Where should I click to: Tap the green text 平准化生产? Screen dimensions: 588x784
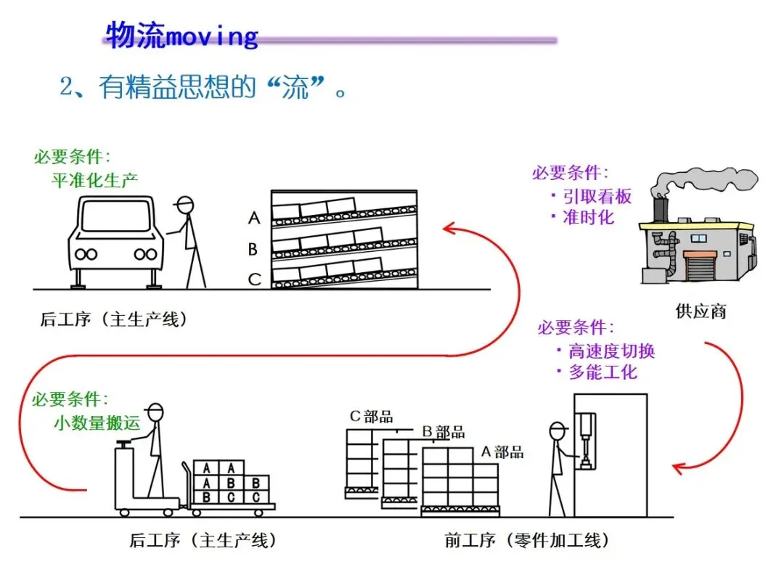(x=94, y=179)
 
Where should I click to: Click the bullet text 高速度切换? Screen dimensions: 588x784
(x=611, y=351)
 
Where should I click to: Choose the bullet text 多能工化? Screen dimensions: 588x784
(x=602, y=372)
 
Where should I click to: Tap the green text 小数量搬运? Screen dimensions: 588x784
(x=97, y=422)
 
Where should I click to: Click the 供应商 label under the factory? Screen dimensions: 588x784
(x=701, y=312)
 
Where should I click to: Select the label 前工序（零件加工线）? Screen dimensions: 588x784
(x=527, y=541)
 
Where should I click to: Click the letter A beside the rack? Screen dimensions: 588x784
(x=253, y=217)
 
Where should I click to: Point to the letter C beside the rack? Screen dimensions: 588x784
(x=253, y=279)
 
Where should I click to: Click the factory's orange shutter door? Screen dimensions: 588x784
(x=701, y=266)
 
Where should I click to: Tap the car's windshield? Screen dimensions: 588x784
(x=115, y=215)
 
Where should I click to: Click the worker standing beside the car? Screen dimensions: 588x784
(x=191, y=240)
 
